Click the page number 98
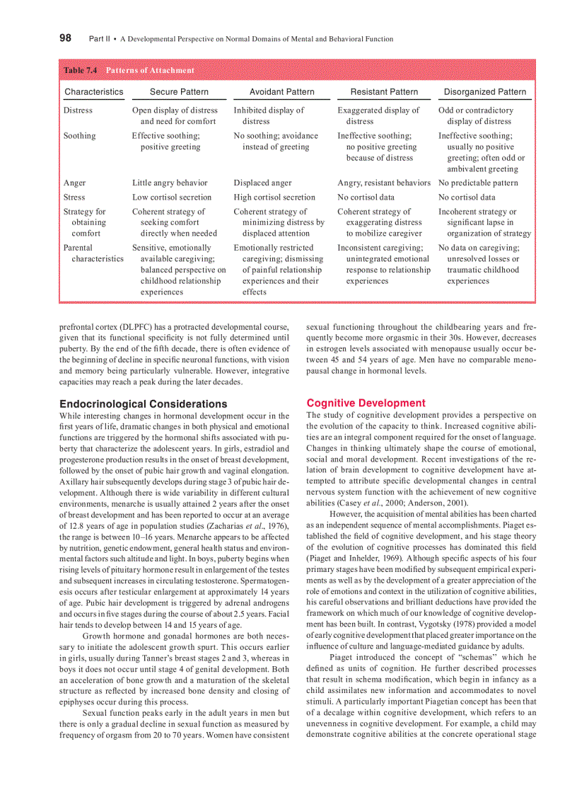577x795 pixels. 65,38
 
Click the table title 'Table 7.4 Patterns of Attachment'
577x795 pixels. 129,70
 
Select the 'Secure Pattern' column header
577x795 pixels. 179,92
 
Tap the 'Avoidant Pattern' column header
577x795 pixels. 281,92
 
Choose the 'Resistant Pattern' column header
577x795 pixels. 384,92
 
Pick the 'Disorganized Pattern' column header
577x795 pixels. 484,92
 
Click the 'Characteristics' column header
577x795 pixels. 93,92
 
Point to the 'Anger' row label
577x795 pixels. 74,183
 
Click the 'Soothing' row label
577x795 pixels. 79,136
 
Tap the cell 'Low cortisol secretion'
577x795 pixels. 172,197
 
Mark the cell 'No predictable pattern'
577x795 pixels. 478,183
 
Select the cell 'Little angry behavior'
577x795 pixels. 170,183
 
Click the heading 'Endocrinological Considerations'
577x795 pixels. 144,404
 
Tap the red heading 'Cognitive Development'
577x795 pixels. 366,403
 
